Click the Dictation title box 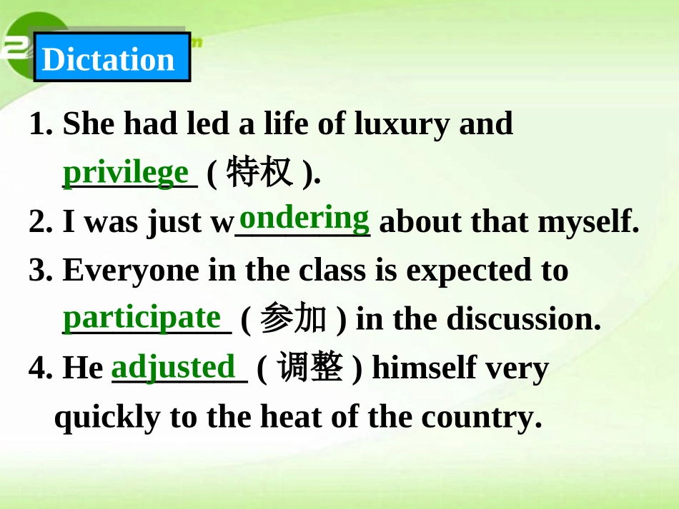click(111, 58)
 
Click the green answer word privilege click(127, 173)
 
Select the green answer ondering click(304, 217)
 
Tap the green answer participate click(142, 317)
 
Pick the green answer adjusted click(174, 367)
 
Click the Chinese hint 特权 click(259, 173)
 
